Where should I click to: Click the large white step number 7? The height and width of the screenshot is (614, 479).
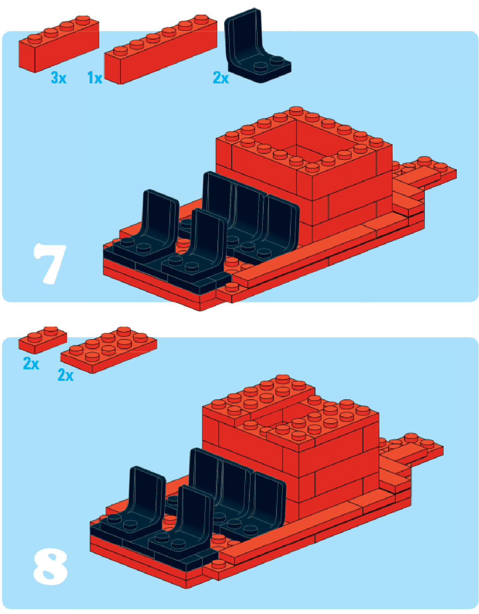click(x=50, y=263)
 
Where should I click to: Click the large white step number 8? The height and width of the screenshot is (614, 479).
click(x=50, y=566)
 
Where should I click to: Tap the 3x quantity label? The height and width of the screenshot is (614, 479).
click(x=58, y=77)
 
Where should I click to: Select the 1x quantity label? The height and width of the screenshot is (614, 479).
click(x=95, y=77)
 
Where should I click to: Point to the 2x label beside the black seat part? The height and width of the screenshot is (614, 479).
click(x=221, y=77)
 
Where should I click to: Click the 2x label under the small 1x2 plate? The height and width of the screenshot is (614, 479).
click(x=31, y=363)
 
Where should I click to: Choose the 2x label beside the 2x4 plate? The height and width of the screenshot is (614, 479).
click(x=66, y=375)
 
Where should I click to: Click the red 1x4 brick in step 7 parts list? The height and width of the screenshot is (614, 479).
click(x=59, y=44)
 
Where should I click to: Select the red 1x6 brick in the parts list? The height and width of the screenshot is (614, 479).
click(x=161, y=49)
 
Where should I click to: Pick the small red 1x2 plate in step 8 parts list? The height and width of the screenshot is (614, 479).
click(x=42, y=340)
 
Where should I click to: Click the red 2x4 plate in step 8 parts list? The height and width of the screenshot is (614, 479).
click(x=109, y=350)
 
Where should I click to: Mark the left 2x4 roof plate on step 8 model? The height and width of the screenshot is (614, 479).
click(x=259, y=400)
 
